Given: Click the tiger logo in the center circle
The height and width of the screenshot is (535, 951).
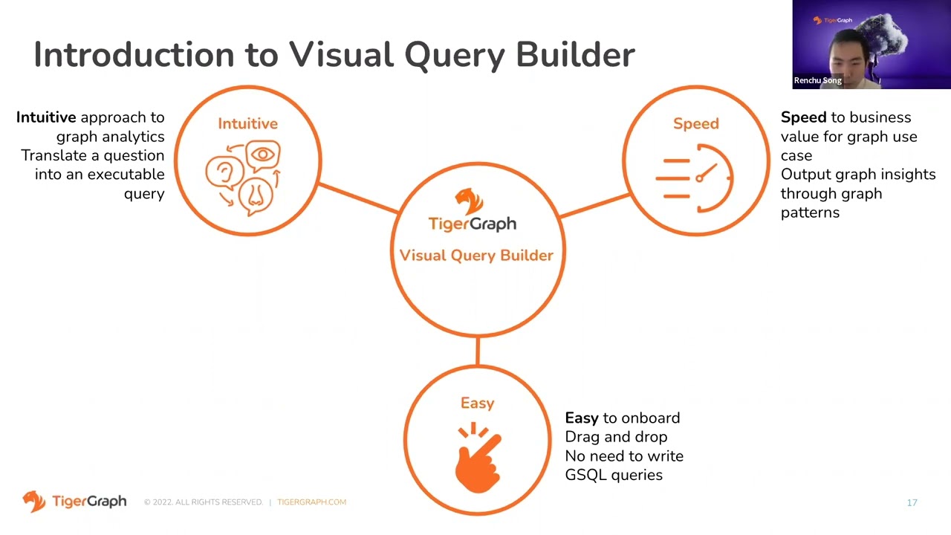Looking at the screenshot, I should point(470,201).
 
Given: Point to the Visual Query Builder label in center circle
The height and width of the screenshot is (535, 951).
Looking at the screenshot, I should point(476,255).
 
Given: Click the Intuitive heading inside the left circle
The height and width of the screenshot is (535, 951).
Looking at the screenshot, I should point(247,123).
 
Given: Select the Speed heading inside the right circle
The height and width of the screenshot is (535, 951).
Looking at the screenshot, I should point(696,123).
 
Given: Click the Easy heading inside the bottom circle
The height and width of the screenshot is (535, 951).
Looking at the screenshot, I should point(477,403).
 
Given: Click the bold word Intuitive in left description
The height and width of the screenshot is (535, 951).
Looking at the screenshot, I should point(46,117).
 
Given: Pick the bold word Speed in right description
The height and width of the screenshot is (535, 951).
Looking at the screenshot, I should point(803,117).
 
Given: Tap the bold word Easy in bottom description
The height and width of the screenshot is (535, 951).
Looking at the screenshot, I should point(581,418).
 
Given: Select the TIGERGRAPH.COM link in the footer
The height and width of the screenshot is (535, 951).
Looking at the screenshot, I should point(311,502).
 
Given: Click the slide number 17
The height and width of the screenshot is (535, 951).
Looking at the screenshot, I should point(912,503).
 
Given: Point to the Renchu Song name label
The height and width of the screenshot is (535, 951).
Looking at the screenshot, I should point(817,80).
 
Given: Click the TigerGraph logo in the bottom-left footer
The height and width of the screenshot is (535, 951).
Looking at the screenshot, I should point(74,502).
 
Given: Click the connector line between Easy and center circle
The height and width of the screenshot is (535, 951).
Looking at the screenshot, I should point(477,351).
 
